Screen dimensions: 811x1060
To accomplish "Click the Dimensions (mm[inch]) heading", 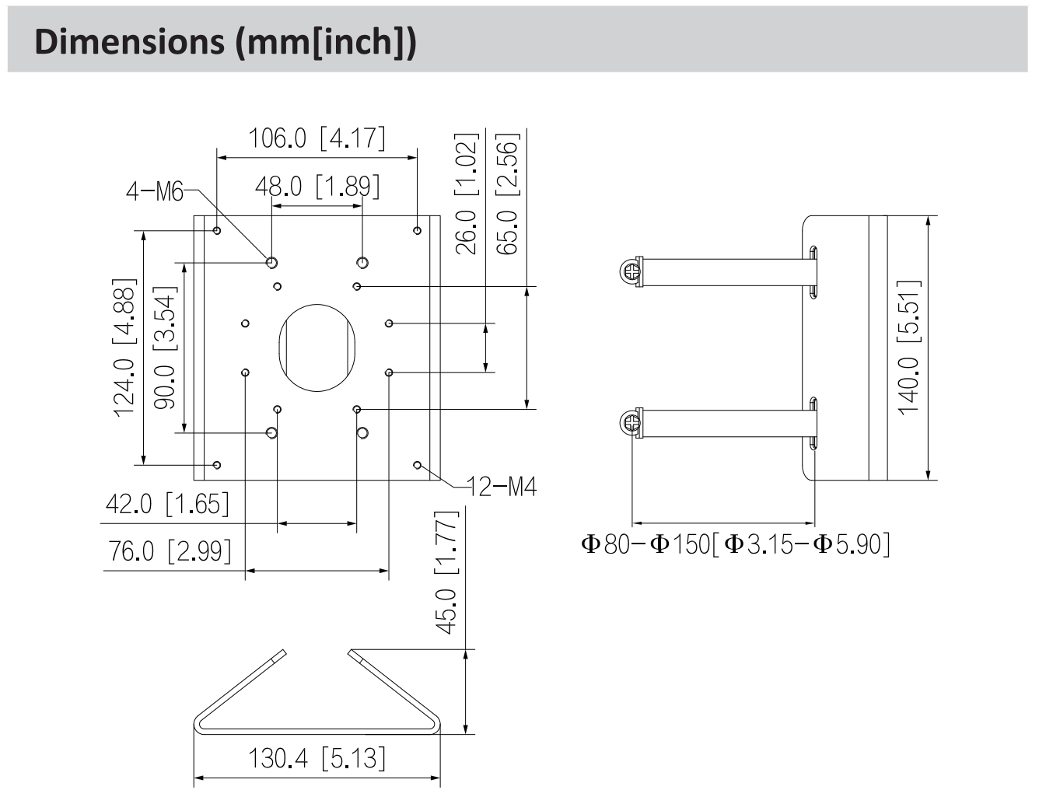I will pyautogui.click(x=226, y=41).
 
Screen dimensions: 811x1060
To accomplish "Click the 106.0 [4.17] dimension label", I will pyautogui.click(x=317, y=138).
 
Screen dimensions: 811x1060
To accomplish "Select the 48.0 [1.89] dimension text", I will pyautogui.click(x=317, y=187).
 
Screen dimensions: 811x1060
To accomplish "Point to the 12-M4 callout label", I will pyautogui.click(x=502, y=487).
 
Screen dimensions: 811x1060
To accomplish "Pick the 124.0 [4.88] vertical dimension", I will pyautogui.click(x=124, y=347).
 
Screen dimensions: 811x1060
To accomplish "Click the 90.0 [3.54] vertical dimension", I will pyautogui.click(x=165, y=347).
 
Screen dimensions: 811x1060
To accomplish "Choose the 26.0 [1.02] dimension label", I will pyautogui.click(x=465, y=194).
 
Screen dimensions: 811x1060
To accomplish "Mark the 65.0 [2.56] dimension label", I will pyautogui.click(x=506, y=194).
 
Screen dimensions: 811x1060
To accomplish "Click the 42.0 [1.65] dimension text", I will pyautogui.click(x=167, y=504).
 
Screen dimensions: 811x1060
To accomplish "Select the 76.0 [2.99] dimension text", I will pyautogui.click(x=170, y=551).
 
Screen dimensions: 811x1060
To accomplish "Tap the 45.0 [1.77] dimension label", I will pyautogui.click(x=446, y=572).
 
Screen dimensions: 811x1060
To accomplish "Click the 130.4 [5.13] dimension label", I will pyautogui.click(x=317, y=757).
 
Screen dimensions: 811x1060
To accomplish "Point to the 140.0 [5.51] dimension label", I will pyautogui.click(x=908, y=347).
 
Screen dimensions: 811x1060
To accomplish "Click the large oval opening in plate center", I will pyautogui.click(x=317, y=348).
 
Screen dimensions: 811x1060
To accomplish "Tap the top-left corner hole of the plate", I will pyautogui.click(x=217, y=230).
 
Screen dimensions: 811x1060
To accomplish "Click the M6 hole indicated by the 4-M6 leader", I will pyautogui.click(x=271, y=262).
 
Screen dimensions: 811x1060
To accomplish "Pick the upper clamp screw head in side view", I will pyautogui.click(x=631, y=271).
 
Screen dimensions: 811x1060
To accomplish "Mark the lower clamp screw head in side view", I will pyautogui.click(x=631, y=423).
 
